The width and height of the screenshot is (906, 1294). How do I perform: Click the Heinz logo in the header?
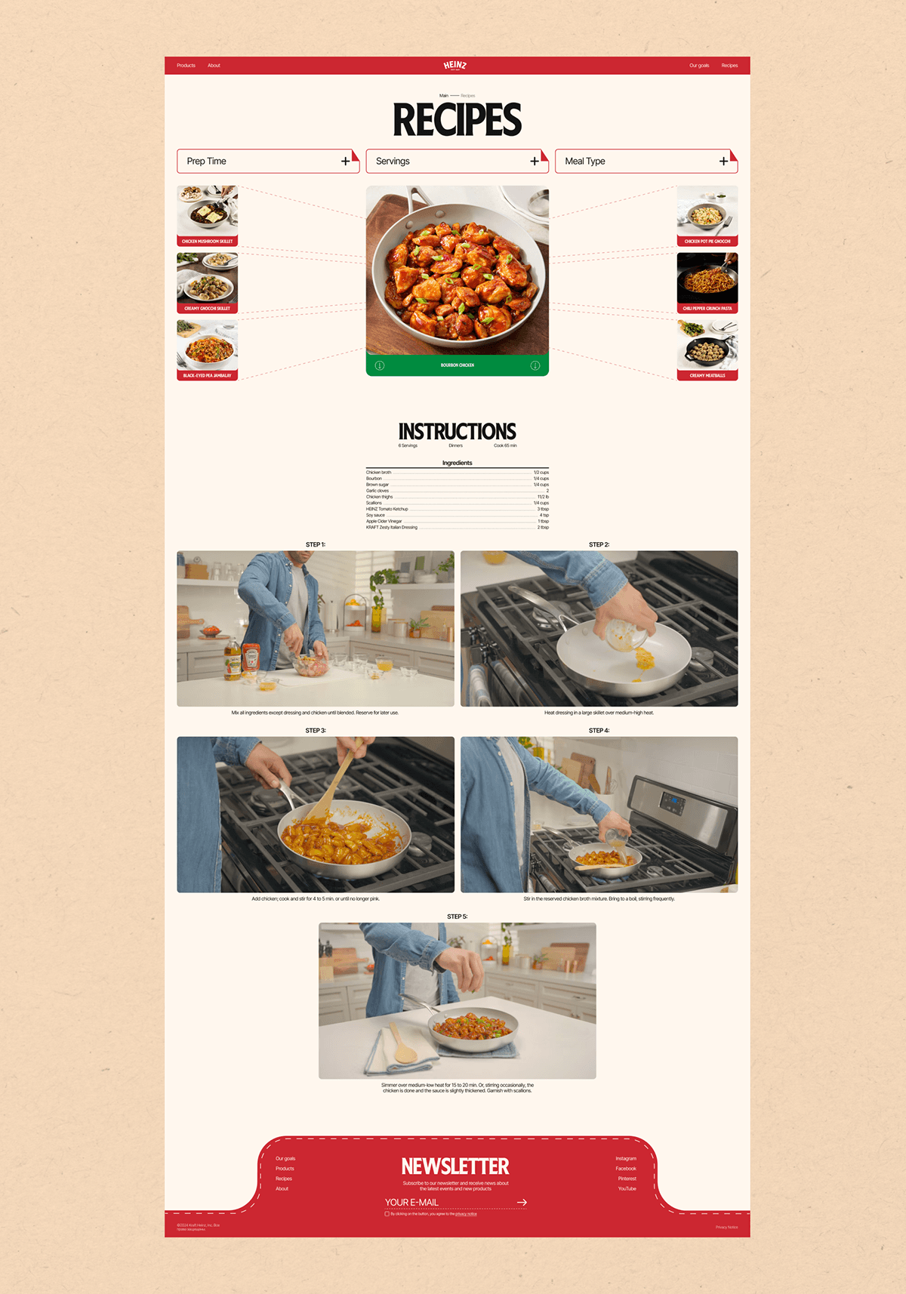455,66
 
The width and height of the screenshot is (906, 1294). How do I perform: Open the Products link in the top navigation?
186,66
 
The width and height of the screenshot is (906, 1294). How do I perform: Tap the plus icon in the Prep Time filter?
345,161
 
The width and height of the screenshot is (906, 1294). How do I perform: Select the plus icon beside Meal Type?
723,161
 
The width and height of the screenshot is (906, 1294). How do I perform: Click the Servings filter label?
393,162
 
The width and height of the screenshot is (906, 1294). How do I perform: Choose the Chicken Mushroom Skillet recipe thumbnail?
208,215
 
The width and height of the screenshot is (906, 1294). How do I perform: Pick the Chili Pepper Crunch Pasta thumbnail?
707,282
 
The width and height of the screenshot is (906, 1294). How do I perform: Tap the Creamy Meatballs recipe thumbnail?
707,350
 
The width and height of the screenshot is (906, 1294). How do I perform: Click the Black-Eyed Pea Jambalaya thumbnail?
208,350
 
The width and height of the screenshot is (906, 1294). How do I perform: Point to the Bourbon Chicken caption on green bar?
458,365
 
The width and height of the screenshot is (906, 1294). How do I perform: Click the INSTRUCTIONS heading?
458,432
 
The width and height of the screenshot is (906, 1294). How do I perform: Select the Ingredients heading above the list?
458,463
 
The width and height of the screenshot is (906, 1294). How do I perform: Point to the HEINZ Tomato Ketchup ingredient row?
387,509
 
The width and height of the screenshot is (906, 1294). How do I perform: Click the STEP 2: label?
599,544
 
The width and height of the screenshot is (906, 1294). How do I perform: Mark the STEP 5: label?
458,917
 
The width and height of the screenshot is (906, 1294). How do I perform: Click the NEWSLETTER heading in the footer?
455,1166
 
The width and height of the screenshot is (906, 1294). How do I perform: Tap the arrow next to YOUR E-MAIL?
522,1202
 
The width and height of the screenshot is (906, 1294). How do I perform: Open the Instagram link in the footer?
626,1158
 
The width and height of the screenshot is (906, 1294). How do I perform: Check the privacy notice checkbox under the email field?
387,1214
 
